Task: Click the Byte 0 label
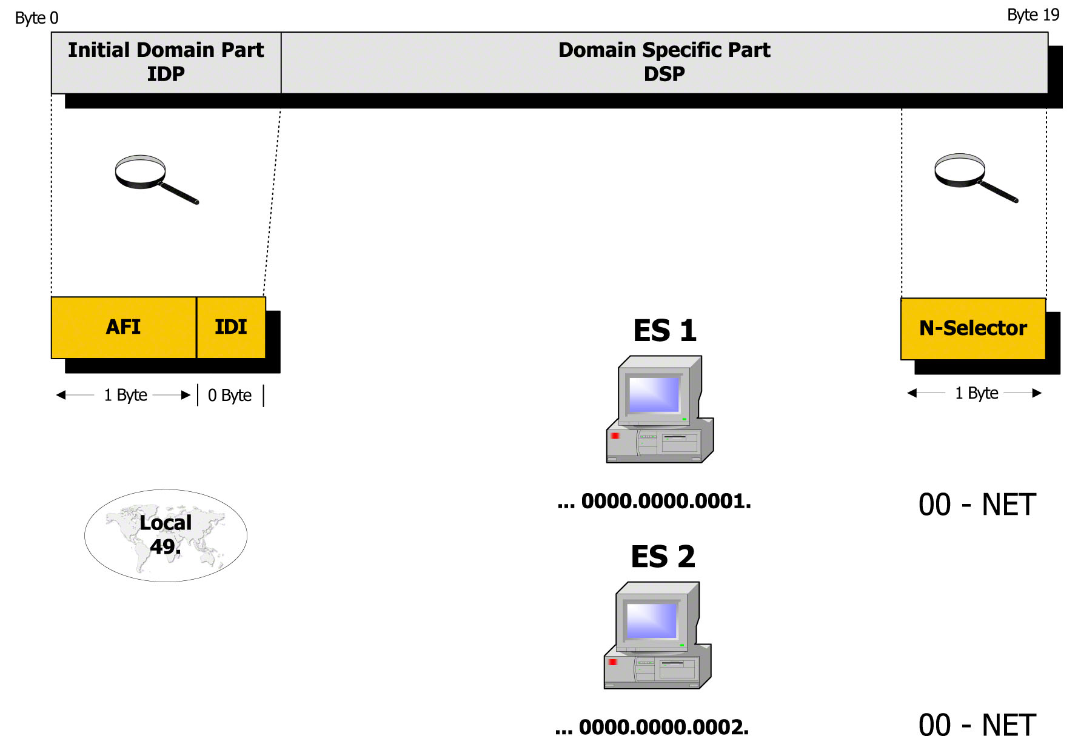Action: [36, 18]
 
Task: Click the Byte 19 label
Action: [1033, 15]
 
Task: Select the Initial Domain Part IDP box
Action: [166, 62]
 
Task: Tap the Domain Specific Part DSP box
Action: [664, 62]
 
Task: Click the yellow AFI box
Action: [124, 327]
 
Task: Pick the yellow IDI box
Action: [231, 327]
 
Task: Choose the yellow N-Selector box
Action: [973, 328]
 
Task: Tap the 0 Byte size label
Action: [230, 396]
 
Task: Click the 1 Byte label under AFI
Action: [126, 395]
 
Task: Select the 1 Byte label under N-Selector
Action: [976, 393]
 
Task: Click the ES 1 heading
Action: [665, 331]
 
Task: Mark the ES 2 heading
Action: [663, 557]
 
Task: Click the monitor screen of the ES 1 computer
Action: [654, 394]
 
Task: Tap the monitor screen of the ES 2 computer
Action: [652, 620]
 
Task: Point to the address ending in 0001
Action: [654, 501]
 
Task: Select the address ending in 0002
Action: [652, 726]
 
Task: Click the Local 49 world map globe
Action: [166, 535]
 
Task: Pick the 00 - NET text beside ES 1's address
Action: [977, 505]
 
